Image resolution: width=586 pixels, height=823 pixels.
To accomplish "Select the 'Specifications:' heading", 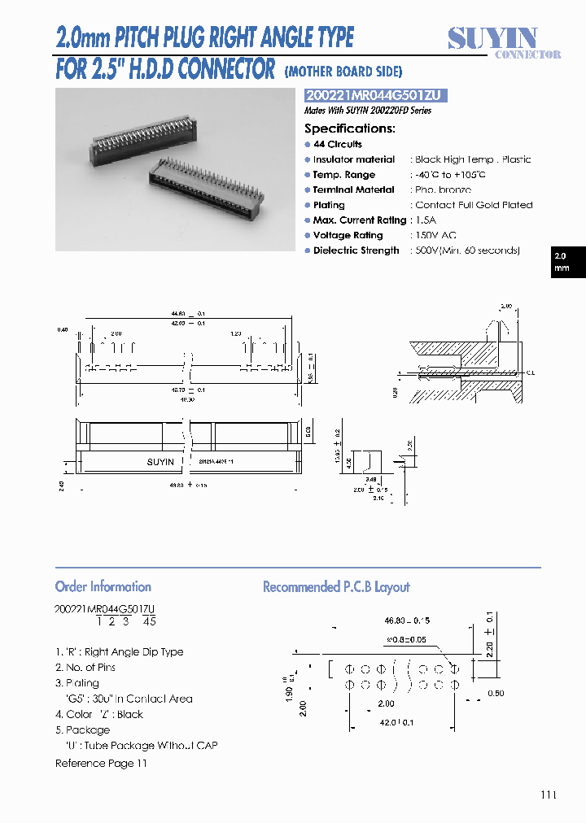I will (350, 128).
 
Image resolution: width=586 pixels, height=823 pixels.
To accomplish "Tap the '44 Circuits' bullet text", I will (338, 144).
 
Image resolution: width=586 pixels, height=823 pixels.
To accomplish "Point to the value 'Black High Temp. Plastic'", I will (473, 159).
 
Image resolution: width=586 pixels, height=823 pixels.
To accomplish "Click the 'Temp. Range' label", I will (344, 175).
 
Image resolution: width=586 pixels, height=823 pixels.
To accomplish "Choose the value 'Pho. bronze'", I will (443, 189).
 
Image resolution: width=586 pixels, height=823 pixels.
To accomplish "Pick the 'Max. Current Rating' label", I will (360, 220).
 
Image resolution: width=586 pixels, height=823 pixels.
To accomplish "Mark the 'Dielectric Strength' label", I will (356, 250).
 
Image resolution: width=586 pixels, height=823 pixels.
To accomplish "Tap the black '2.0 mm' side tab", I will (562, 262).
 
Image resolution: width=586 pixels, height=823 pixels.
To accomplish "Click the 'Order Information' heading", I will (103, 586).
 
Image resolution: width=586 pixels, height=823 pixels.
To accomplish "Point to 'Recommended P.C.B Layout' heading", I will (336, 586).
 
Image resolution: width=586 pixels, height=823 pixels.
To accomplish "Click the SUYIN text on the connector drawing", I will (160, 462).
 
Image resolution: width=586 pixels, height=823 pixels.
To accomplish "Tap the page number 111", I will (549, 795).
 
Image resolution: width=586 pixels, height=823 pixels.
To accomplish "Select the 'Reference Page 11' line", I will (101, 763).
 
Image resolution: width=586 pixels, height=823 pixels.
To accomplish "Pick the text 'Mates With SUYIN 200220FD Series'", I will (367, 111).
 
